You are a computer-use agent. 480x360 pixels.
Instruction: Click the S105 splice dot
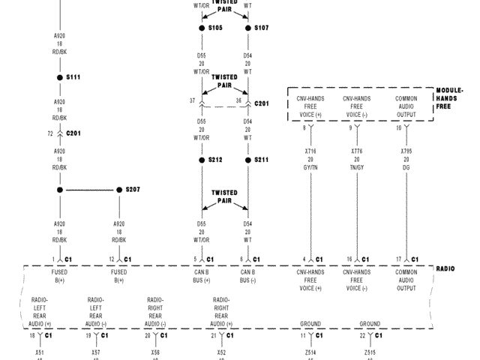click(x=202, y=28)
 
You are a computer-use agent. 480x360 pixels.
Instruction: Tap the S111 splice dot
click(x=60, y=77)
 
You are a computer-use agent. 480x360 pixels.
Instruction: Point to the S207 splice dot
click(x=118, y=190)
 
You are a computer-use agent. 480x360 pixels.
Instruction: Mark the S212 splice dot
click(x=202, y=160)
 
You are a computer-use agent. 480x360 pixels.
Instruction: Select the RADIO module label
click(x=445, y=268)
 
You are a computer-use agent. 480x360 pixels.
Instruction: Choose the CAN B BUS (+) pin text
click(x=202, y=276)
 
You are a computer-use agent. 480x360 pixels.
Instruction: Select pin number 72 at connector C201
click(x=50, y=133)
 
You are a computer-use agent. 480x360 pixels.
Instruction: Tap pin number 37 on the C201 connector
click(x=191, y=100)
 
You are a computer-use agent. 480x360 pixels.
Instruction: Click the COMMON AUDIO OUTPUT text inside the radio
click(x=406, y=280)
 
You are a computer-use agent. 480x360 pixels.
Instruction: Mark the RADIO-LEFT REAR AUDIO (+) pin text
click(x=40, y=311)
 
